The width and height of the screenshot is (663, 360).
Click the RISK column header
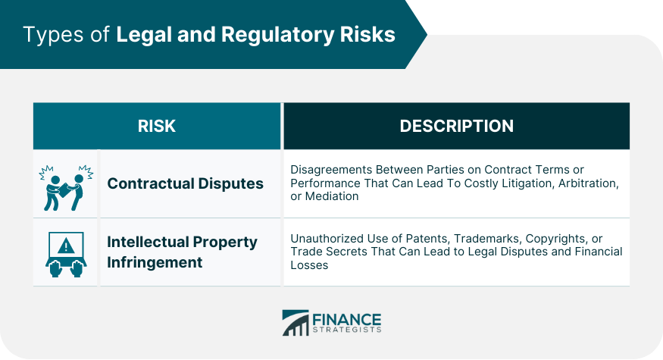coord(156,126)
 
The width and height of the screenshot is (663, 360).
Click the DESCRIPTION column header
coord(457,126)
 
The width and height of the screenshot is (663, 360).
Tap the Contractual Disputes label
coord(185,183)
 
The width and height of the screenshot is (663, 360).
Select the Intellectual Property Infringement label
coord(183,252)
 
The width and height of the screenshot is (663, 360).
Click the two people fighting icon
coord(66,188)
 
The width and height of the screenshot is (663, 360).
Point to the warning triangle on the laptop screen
coord(66,246)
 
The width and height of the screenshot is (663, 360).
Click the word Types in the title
coord(54,35)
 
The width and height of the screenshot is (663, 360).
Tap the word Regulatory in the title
coord(278,35)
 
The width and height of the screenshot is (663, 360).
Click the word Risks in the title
coord(367,34)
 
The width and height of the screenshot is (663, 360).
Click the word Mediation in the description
coord(332,196)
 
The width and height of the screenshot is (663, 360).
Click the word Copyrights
coord(556,239)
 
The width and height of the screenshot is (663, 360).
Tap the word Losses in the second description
coord(309,265)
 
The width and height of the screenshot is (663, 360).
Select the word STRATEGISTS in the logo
coord(347,330)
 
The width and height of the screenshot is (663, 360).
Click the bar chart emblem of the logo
coord(296,323)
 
